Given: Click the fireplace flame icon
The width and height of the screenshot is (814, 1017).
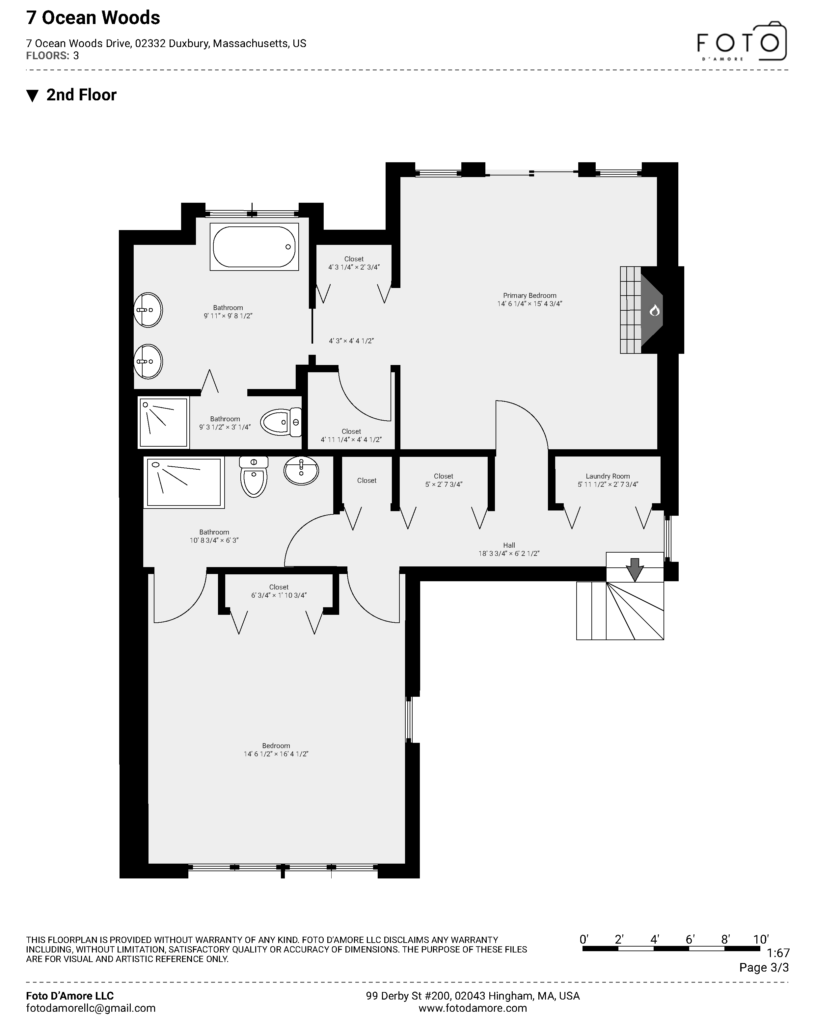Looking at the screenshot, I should (x=654, y=310).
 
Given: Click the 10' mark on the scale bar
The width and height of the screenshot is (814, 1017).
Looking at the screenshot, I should (x=760, y=939).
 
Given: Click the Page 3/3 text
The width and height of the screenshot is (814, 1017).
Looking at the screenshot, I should (x=764, y=968).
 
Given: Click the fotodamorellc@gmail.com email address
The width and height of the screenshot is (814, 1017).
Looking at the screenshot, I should (x=91, y=1008).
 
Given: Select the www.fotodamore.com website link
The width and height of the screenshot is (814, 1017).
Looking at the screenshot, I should (x=472, y=1008).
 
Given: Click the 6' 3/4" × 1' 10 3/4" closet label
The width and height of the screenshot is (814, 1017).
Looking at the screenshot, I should (x=279, y=595).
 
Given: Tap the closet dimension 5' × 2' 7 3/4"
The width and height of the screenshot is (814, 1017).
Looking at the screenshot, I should (x=444, y=484).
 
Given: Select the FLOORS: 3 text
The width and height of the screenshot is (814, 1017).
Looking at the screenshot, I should (x=52, y=56).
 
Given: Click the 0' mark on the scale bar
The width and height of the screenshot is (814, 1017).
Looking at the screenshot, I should (x=584, y=939).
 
